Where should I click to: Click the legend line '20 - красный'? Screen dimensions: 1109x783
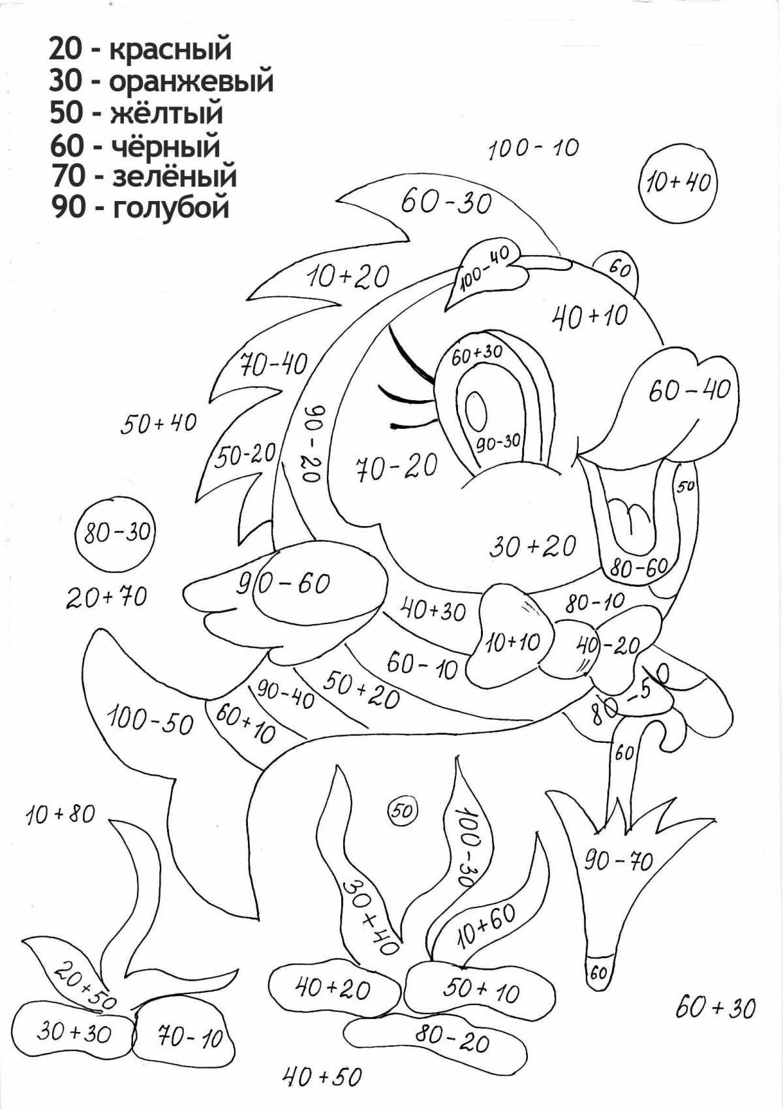coord(140,49)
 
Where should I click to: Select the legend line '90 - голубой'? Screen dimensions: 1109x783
coord(140,207)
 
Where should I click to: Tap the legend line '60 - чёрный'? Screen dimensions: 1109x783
coord(135,146)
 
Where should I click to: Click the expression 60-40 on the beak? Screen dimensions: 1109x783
coord(689,390)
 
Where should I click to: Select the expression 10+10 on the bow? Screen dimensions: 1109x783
coord(513,643)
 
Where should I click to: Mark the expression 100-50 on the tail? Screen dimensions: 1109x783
coord(150,721)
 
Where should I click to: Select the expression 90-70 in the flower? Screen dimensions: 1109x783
coord(618,862)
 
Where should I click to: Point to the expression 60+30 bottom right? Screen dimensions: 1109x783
coord(715,1025)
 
